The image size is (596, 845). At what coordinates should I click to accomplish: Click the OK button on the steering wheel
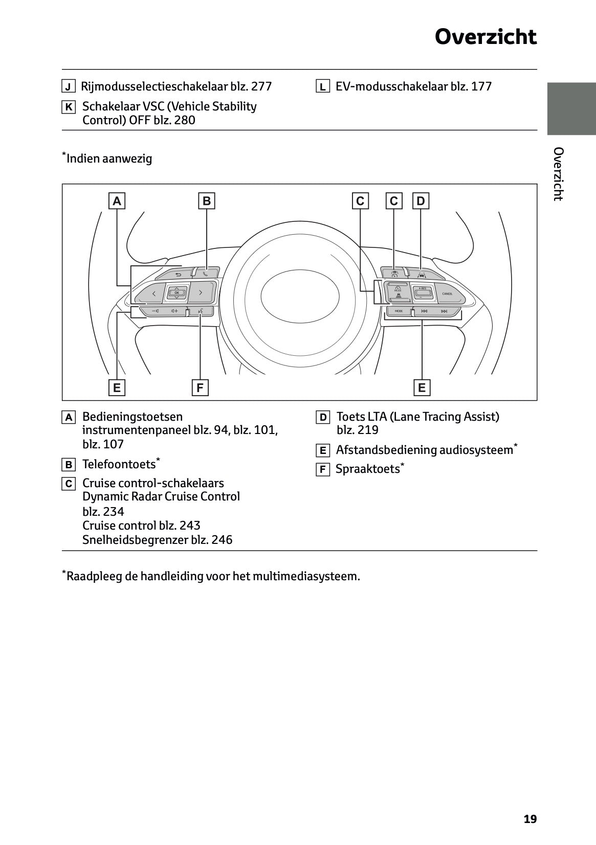(176, 293)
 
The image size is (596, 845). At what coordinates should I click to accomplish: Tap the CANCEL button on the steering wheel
(447, 294)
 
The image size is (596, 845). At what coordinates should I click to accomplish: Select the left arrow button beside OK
(153, 293)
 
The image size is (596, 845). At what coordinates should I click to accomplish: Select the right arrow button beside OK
(200, 293)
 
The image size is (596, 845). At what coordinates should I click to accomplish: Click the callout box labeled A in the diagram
(117, 201)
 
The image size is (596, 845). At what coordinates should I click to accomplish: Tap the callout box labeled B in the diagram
(206, 201)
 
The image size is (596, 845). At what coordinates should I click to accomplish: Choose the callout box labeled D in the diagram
(421, 201)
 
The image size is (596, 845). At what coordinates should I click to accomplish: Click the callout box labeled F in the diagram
(200, 388)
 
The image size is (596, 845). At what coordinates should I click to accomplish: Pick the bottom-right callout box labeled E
(422, 388)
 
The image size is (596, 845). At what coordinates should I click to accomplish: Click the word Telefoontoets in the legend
(119, 465)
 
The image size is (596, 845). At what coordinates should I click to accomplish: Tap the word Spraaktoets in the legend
(367, 469)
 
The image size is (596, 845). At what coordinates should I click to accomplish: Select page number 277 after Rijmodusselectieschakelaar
(261, 86)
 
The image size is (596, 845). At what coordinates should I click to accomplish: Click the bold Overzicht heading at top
(485, 37)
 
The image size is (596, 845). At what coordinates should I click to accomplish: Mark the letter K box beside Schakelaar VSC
(69, 107)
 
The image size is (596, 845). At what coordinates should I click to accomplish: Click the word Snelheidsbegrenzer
(135, 540)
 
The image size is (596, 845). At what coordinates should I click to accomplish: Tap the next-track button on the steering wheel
(444, 311)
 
